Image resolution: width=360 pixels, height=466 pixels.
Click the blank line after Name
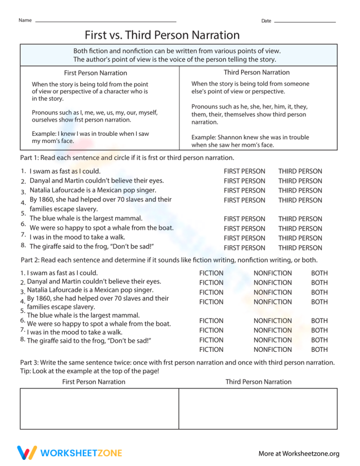coord(105,21)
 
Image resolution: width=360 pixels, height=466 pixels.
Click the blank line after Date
coord(304,21)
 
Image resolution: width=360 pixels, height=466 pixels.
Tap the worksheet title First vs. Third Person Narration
coord(162,35)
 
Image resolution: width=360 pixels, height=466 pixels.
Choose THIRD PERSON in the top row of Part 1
coord(300,171)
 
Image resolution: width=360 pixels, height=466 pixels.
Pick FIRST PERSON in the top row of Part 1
coord(245,171)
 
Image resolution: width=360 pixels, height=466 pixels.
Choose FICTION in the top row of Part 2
coord(211,273)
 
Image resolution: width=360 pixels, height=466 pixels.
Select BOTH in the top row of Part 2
coord(319,273)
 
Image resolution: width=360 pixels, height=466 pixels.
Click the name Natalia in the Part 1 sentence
coord(42,190)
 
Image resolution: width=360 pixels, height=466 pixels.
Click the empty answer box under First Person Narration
coord(99,409)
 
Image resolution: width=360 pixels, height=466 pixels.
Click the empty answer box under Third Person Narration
coord(258,409)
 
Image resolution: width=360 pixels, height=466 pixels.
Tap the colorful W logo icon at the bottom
coord(27,453)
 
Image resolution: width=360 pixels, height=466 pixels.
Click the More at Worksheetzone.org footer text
coord(299,453)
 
